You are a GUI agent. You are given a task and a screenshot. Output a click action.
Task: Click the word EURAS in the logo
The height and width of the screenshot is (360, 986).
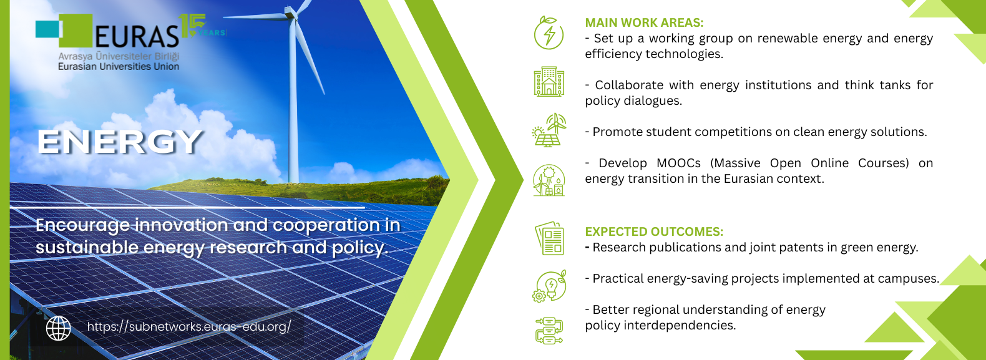[137, 36]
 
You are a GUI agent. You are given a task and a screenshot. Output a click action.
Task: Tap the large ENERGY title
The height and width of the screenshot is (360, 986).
[120, 142]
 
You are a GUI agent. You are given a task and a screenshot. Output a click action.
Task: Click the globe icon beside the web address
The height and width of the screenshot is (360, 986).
[59, 328]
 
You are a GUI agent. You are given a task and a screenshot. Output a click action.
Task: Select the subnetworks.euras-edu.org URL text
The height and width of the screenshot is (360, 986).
[189, 327]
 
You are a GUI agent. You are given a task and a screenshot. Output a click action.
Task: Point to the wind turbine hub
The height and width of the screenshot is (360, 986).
[290, 14]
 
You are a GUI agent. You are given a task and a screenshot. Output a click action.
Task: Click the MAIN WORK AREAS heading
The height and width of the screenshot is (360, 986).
[644, 22]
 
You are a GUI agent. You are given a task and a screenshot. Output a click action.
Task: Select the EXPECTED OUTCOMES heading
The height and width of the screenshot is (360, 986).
[653, 231]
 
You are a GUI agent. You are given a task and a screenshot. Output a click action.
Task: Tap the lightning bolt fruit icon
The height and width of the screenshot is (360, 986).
[549, 32]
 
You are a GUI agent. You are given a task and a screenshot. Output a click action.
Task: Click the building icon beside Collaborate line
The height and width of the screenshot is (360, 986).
[549, 82]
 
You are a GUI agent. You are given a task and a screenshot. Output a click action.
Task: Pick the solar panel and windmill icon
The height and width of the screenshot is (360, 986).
[549, 130]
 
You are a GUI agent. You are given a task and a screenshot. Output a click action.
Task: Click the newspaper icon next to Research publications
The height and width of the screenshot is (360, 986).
[549, 238]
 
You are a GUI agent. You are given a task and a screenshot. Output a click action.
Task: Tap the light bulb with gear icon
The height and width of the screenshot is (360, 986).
[549, 286]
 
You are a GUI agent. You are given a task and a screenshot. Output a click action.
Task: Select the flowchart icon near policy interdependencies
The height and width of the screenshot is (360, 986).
[549, 331]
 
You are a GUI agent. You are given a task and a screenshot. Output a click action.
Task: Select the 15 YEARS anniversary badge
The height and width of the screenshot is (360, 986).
[202, 26]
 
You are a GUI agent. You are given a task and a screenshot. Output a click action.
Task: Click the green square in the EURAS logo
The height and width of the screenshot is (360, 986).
[76, 31]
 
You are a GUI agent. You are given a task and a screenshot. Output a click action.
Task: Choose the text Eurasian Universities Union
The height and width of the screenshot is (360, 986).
[119, 67]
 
